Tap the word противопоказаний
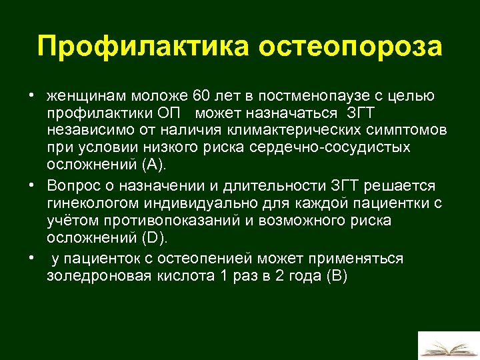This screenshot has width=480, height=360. [178, 220]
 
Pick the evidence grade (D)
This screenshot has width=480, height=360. [157, 237]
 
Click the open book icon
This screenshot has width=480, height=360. [447, 347]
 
